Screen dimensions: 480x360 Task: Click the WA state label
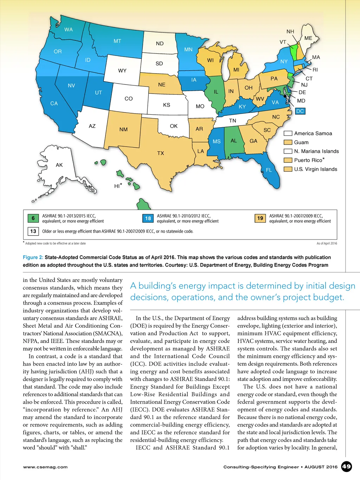click(69, 30)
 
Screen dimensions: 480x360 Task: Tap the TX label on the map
click(161, 153)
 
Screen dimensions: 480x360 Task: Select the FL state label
click(269, 170)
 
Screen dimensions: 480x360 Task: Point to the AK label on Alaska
click(59, 165)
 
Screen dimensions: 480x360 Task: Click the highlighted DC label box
click(300, 111)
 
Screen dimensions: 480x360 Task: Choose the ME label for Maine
click(308, 38)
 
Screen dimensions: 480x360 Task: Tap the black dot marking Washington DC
click(285, 96)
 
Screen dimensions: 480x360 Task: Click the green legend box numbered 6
click(33, 218)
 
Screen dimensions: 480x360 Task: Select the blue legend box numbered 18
click(148, 218)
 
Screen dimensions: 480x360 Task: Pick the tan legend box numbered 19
click(260, 218)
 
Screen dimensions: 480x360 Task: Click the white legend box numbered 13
click(33, 231)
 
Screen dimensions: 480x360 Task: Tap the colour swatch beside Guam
click(288, 142)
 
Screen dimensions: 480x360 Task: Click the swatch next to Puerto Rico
click(288, 160)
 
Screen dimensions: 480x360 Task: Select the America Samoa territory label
click(313, 134)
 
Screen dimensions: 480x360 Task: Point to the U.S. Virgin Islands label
click(315, 169)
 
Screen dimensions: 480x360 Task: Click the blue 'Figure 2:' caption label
click(33, 257)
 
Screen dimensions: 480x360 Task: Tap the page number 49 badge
click(346, 467)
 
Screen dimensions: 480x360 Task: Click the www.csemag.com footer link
click(45, 467)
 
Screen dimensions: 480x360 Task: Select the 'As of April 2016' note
click(327, 243)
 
